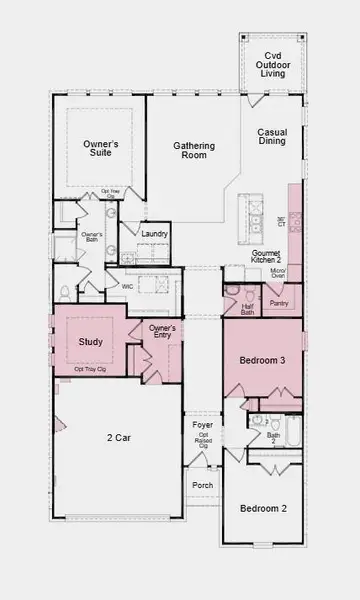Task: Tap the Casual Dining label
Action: tap(272, 137)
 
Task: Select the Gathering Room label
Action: tap(194, 150)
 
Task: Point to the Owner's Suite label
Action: tap(100, 150)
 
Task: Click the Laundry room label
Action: tap(154, 234)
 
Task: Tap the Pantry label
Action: tap(279, 302)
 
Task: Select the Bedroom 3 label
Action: tap(262, 360)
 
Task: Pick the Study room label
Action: tap(90, 342)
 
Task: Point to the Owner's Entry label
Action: tap(162, 332)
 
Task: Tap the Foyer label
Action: tap(203, 425)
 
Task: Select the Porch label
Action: tap(203, 485)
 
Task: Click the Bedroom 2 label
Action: tap(263, 509)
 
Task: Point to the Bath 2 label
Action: tap(273, 438)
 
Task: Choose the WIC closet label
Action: tap(127, 286)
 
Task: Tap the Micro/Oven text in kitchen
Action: tap(279, 273)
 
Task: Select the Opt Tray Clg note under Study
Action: tap(91, 370)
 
